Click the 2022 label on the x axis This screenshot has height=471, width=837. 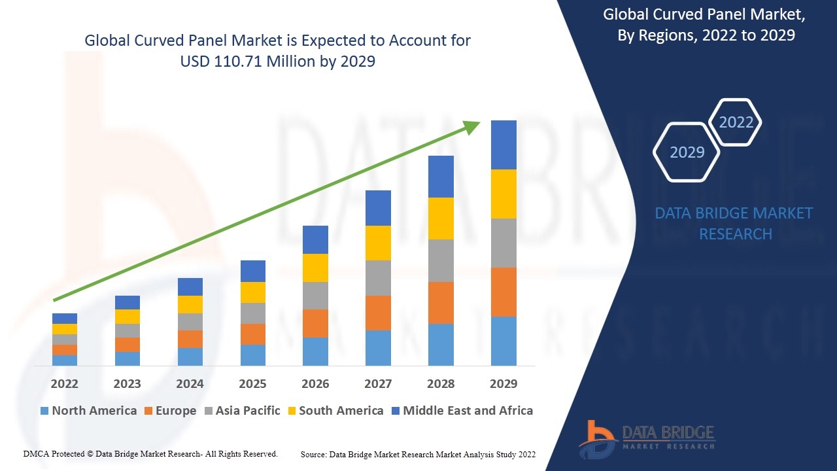coord(64,383)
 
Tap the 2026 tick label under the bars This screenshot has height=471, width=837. coord(315,383)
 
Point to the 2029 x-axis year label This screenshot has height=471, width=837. coord(504,383)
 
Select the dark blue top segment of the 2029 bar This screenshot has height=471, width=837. coord(504,145)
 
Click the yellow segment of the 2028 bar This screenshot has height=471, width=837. coord(441,218)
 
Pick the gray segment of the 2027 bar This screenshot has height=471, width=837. coord(378,278)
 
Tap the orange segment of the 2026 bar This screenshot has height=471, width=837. coord(315,323)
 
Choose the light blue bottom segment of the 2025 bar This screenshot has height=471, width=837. coord(253,355)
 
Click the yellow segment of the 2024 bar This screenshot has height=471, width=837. coord(190,305)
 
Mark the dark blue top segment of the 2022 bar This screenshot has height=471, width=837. coord(65,319)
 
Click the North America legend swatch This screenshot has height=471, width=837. coord(44,411)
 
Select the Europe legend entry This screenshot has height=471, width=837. coord(171,410)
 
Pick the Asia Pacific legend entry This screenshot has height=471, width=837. coord(243,410)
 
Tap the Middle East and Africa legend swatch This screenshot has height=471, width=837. coord(396,411)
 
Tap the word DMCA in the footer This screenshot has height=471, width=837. coord(36,454)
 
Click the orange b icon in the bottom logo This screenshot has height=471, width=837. coord(596,436)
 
